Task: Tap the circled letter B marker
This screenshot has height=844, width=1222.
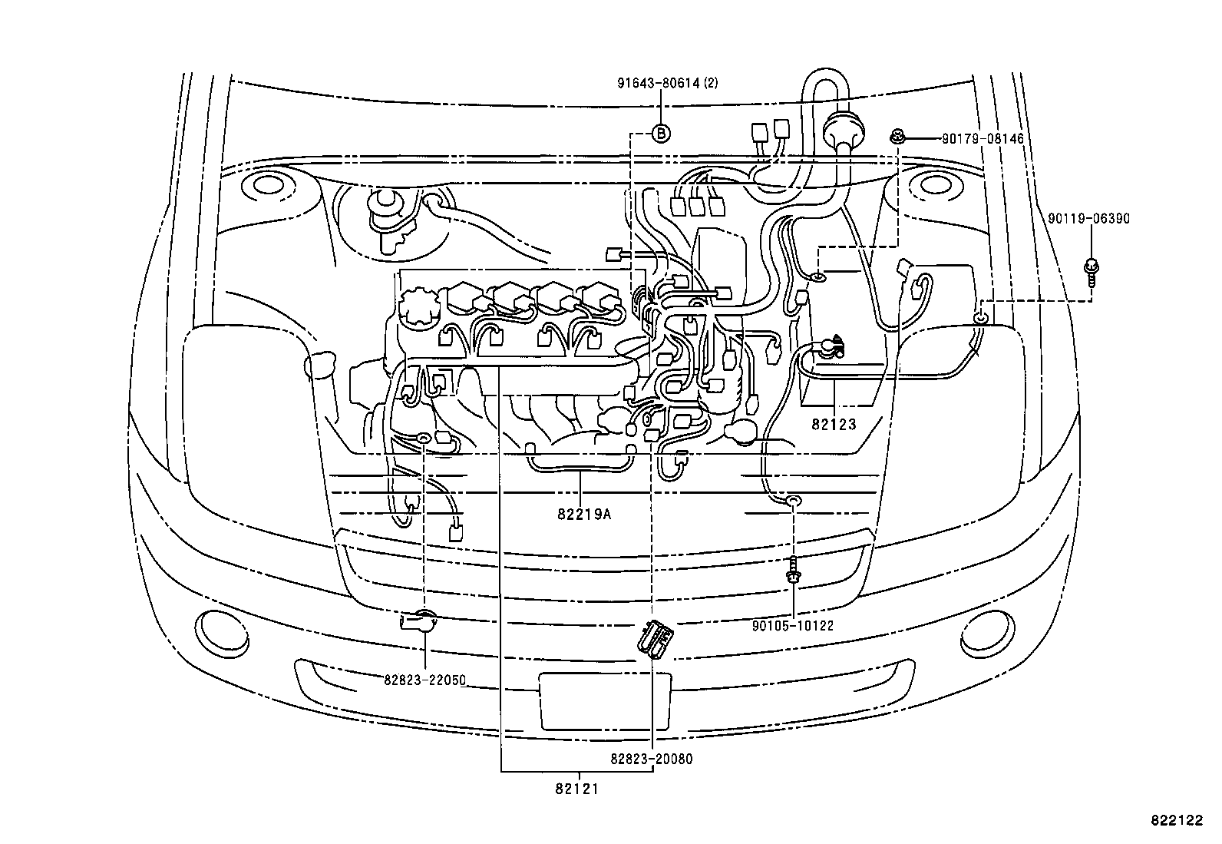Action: click(661, 133)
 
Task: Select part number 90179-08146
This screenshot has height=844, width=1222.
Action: click(983, 139)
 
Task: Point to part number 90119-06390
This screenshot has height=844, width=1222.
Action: click(1088, 219)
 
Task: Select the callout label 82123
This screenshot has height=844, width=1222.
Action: click(834, 424)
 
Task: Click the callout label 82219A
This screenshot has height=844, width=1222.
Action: click(584, 515)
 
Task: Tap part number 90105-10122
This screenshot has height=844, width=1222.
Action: click(793, 626)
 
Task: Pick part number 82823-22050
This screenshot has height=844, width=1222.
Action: click(425, 680)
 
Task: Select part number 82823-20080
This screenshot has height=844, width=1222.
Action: click(652, 759)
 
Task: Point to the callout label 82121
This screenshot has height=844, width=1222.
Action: click(578, 789)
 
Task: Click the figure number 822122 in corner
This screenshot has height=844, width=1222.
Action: click(1175, 820)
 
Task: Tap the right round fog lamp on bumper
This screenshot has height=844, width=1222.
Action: click(986, 631)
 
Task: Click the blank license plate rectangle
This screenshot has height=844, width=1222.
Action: click(605, 701)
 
